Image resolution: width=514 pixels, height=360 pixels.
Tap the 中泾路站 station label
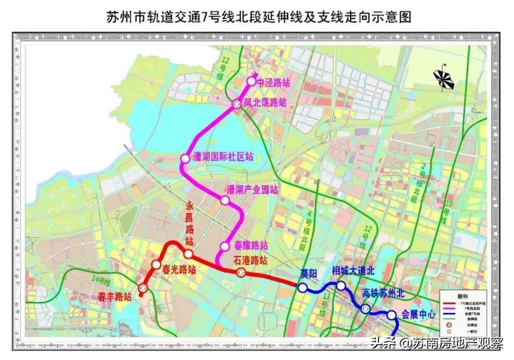272,82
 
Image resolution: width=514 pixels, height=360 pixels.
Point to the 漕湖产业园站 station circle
225,200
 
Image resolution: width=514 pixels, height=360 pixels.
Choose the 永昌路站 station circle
188,254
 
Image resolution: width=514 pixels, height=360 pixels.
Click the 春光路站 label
179,269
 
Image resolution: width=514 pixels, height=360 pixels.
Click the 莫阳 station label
309,274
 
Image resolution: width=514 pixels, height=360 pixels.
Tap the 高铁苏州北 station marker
365,308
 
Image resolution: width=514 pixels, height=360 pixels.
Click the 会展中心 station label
418,314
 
